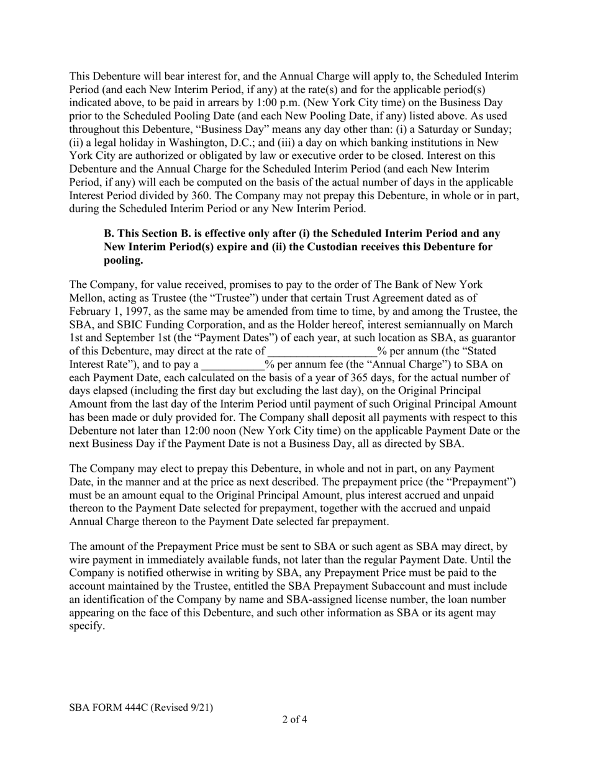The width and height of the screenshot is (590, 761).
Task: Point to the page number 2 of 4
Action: tap(294, 720)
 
